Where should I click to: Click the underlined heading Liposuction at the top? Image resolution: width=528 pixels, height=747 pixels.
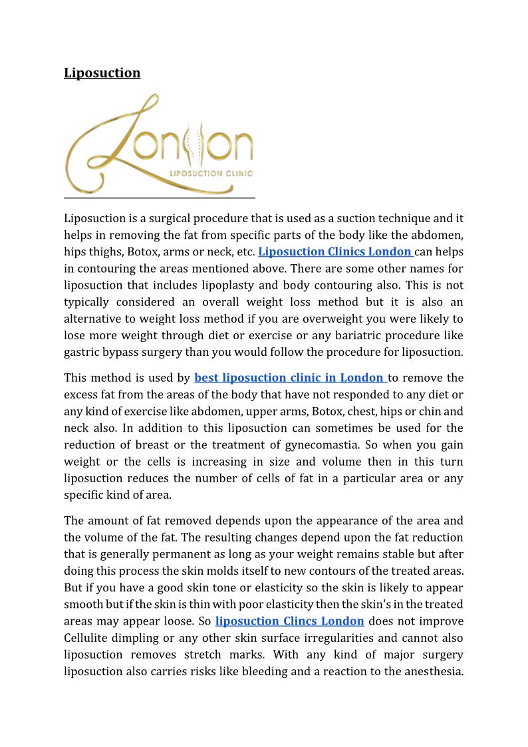click(102, 73)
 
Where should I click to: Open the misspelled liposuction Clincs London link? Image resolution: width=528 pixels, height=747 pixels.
click(289, 621)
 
